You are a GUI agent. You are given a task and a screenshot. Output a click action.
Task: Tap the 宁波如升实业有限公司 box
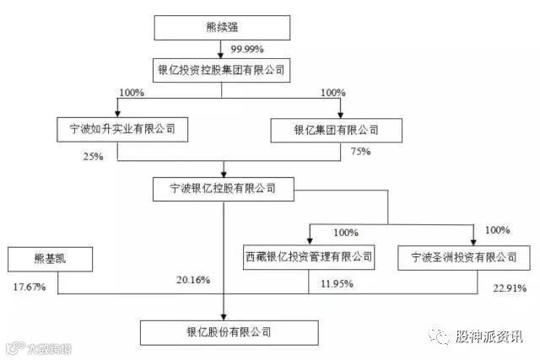point(116,130)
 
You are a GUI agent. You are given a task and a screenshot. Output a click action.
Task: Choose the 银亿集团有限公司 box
point(336,130)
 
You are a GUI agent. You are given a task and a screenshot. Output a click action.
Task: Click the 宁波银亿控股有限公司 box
point(224,190)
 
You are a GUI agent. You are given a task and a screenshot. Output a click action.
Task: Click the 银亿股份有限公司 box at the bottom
point(224,331)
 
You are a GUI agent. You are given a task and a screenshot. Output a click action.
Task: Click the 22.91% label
point(509,288)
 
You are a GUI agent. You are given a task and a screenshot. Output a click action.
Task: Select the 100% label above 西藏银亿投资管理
point(346,232)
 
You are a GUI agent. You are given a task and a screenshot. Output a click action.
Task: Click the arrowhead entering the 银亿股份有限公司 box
point(224,315)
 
